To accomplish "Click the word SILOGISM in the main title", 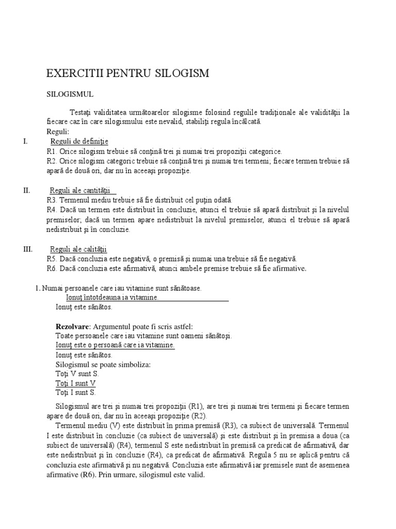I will [x=182, y=73].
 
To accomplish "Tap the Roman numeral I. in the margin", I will [x=26, y=142].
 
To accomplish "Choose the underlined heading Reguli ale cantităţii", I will [x=80, y=190].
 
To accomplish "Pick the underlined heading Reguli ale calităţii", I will [x=78, y=249].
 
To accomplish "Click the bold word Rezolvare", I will [x=73, y=326].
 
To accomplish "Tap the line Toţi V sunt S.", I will [x=77, y=374].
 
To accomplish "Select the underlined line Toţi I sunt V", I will [x=75, y=383].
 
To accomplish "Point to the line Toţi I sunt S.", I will [x=76, y=393].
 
